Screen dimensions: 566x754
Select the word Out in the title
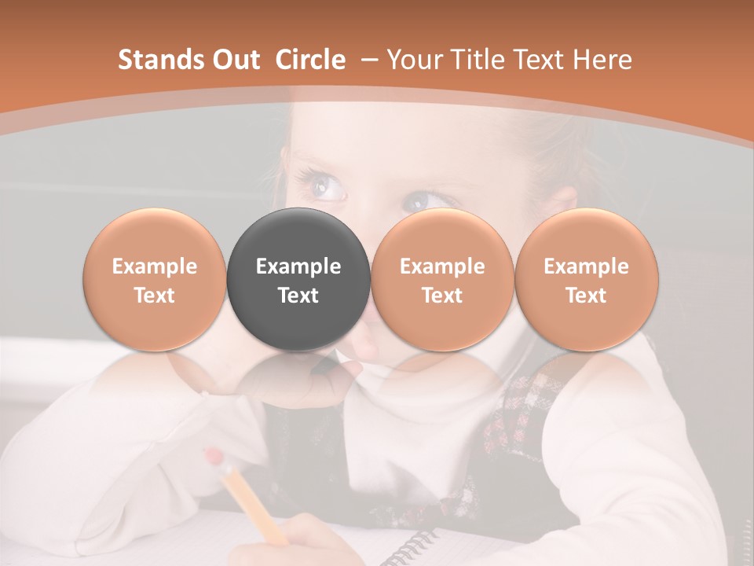tap(233, 60)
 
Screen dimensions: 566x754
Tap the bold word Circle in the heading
tap(310, 60)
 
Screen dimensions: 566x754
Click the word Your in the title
tap(413, 60)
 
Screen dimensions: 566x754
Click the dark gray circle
tap(298, 280)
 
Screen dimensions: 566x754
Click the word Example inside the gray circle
tap(298, 266)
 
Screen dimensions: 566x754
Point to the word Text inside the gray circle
tap(298, 296)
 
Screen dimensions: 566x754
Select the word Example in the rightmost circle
tap(587, 266)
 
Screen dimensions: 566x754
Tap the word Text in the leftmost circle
tap(155, 296)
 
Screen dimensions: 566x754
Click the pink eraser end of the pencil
tap(213, 457)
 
